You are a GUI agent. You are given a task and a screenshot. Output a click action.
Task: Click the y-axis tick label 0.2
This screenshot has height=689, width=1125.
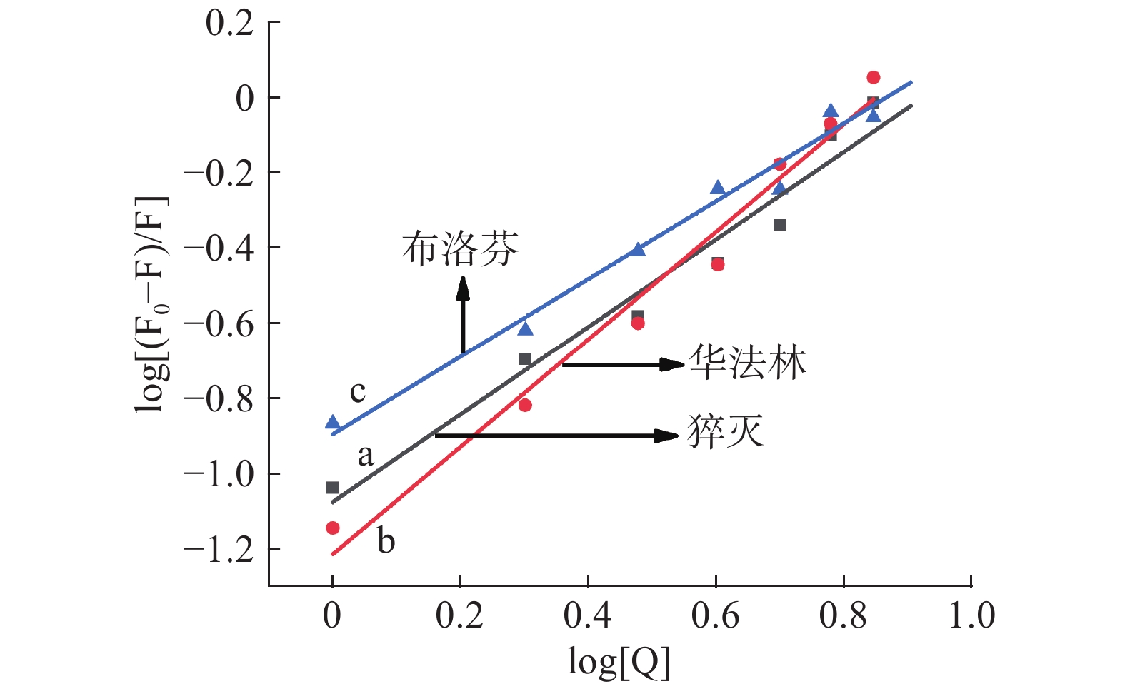click(229, 24)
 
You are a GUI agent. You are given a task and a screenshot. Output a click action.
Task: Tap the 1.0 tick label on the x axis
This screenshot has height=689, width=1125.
click(971, 615)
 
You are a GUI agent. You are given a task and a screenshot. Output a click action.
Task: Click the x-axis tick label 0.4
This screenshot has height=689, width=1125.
click(587, 615)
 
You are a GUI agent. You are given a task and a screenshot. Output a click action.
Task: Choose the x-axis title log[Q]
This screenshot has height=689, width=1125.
click(619, 663)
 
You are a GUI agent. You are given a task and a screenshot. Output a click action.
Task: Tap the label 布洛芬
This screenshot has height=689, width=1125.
click(460, 249)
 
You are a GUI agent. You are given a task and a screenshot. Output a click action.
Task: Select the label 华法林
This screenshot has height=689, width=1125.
click(747, 363)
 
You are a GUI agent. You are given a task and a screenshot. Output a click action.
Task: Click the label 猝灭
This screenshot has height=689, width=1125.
click(725, 431)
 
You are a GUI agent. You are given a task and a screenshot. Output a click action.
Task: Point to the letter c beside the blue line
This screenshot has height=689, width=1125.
click(358, 391)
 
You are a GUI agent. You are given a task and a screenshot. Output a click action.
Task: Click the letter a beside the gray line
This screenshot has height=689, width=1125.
click(365, 455)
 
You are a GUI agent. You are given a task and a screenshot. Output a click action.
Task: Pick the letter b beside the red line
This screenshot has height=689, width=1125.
click(386, 541)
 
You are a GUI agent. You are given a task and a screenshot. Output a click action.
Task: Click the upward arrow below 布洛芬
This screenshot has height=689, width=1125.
click(463, 314)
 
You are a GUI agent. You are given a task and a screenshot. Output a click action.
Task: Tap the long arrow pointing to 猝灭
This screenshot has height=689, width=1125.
click(556, 436)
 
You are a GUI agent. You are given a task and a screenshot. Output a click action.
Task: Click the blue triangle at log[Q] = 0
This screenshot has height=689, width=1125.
click(332, 422)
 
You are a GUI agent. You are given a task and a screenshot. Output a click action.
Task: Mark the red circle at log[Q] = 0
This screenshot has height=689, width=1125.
click(332, 528)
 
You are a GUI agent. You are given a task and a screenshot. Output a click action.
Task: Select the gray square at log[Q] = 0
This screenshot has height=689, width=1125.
click(332, 488)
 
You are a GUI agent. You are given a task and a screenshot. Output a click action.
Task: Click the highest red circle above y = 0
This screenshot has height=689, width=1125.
click(873, 77)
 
